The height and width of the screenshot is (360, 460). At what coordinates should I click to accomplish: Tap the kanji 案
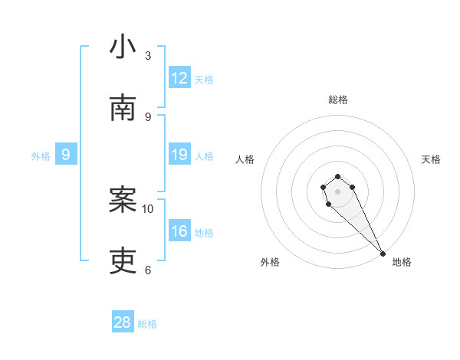(123, 200)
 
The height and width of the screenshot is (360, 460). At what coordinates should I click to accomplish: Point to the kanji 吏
(123, 261)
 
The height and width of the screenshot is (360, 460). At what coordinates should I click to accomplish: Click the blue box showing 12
(179, 78)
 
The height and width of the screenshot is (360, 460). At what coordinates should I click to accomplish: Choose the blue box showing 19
(179, 155)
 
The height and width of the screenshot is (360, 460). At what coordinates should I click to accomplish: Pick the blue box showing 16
(179, 232)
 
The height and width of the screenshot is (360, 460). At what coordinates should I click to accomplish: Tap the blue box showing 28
(123, 322)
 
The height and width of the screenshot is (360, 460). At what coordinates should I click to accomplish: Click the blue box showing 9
(66, 155)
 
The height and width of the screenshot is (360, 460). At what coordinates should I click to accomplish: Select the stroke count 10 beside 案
(148, 208)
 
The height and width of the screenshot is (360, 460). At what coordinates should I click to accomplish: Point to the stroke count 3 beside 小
(148, 55)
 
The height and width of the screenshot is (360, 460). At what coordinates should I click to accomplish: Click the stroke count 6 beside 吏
(148, 270)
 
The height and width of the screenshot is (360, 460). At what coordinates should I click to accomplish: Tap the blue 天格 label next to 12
(204, 79)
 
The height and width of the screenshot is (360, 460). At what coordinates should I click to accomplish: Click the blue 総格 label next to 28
(147, 324)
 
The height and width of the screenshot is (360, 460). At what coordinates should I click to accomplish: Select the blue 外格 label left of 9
(41, 156)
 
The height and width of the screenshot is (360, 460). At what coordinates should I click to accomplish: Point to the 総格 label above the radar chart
(338, 100)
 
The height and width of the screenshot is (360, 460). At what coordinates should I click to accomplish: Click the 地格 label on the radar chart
(402, 262)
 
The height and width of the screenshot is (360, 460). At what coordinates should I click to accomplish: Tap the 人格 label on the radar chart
(245, 159)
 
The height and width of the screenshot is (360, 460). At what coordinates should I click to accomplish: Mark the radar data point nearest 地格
(383, 253)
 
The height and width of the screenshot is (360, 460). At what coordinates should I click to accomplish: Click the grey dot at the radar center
(337, 191)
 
